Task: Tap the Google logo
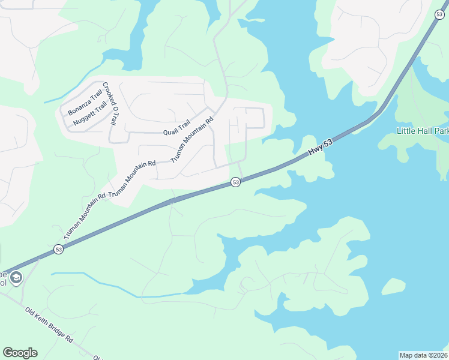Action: (20, 353)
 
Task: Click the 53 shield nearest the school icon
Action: (58, 249)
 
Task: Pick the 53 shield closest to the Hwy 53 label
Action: (236, 182)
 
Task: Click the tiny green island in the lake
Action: (393, 287)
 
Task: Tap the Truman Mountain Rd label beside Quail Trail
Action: (192, 139)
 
